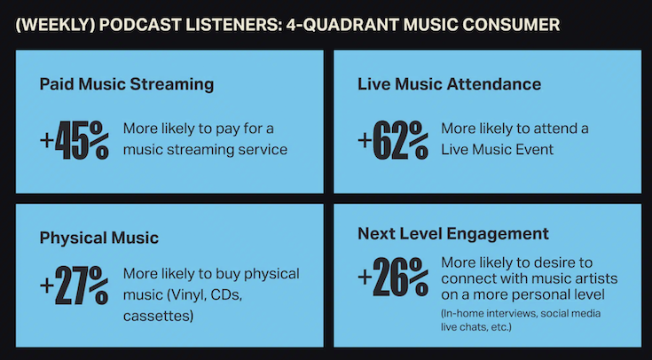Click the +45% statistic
point(75,140)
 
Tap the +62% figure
point(393,140)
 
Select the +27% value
point(75,286)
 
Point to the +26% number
point(393,278)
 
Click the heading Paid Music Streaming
point(127,84)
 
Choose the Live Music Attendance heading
point(450,84)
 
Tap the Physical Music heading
point(99,239)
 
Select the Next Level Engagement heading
point(453,234)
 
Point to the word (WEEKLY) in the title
point(55,25)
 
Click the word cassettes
point(158,316)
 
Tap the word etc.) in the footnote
point(500,327)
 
